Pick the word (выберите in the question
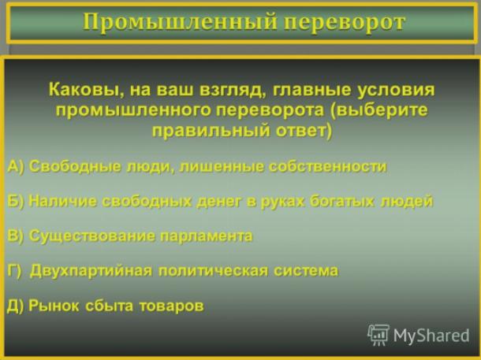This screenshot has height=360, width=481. [x=378, y=110]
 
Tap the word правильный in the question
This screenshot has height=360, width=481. [x=211, y=131]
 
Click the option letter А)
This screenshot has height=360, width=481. [x=15, y=167]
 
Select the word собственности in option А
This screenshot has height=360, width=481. [x=327, y=167]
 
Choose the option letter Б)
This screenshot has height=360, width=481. [x=15, y=202]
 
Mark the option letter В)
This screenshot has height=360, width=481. [x=15, y=236]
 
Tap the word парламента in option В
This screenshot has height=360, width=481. [x=207, y=236]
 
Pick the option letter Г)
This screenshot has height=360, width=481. [x=14, y=271]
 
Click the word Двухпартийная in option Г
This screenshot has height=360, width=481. [x=91, y=271]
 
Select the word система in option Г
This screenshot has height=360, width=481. [x=306, y=271]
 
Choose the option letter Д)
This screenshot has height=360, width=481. [x=15, y=306]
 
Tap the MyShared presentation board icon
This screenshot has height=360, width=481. [x=378, y=335]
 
